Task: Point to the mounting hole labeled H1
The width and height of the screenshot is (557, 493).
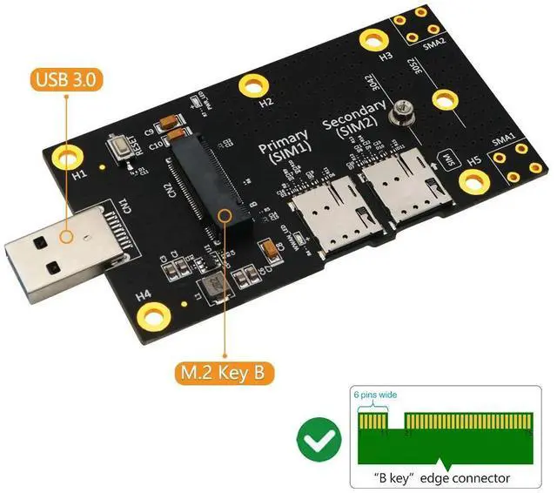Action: pos(69,156)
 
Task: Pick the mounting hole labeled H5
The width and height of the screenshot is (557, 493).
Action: pos(473,182)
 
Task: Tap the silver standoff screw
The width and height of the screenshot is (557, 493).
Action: pos(400,111)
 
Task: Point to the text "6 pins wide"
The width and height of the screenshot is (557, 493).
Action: pos(376,395)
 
